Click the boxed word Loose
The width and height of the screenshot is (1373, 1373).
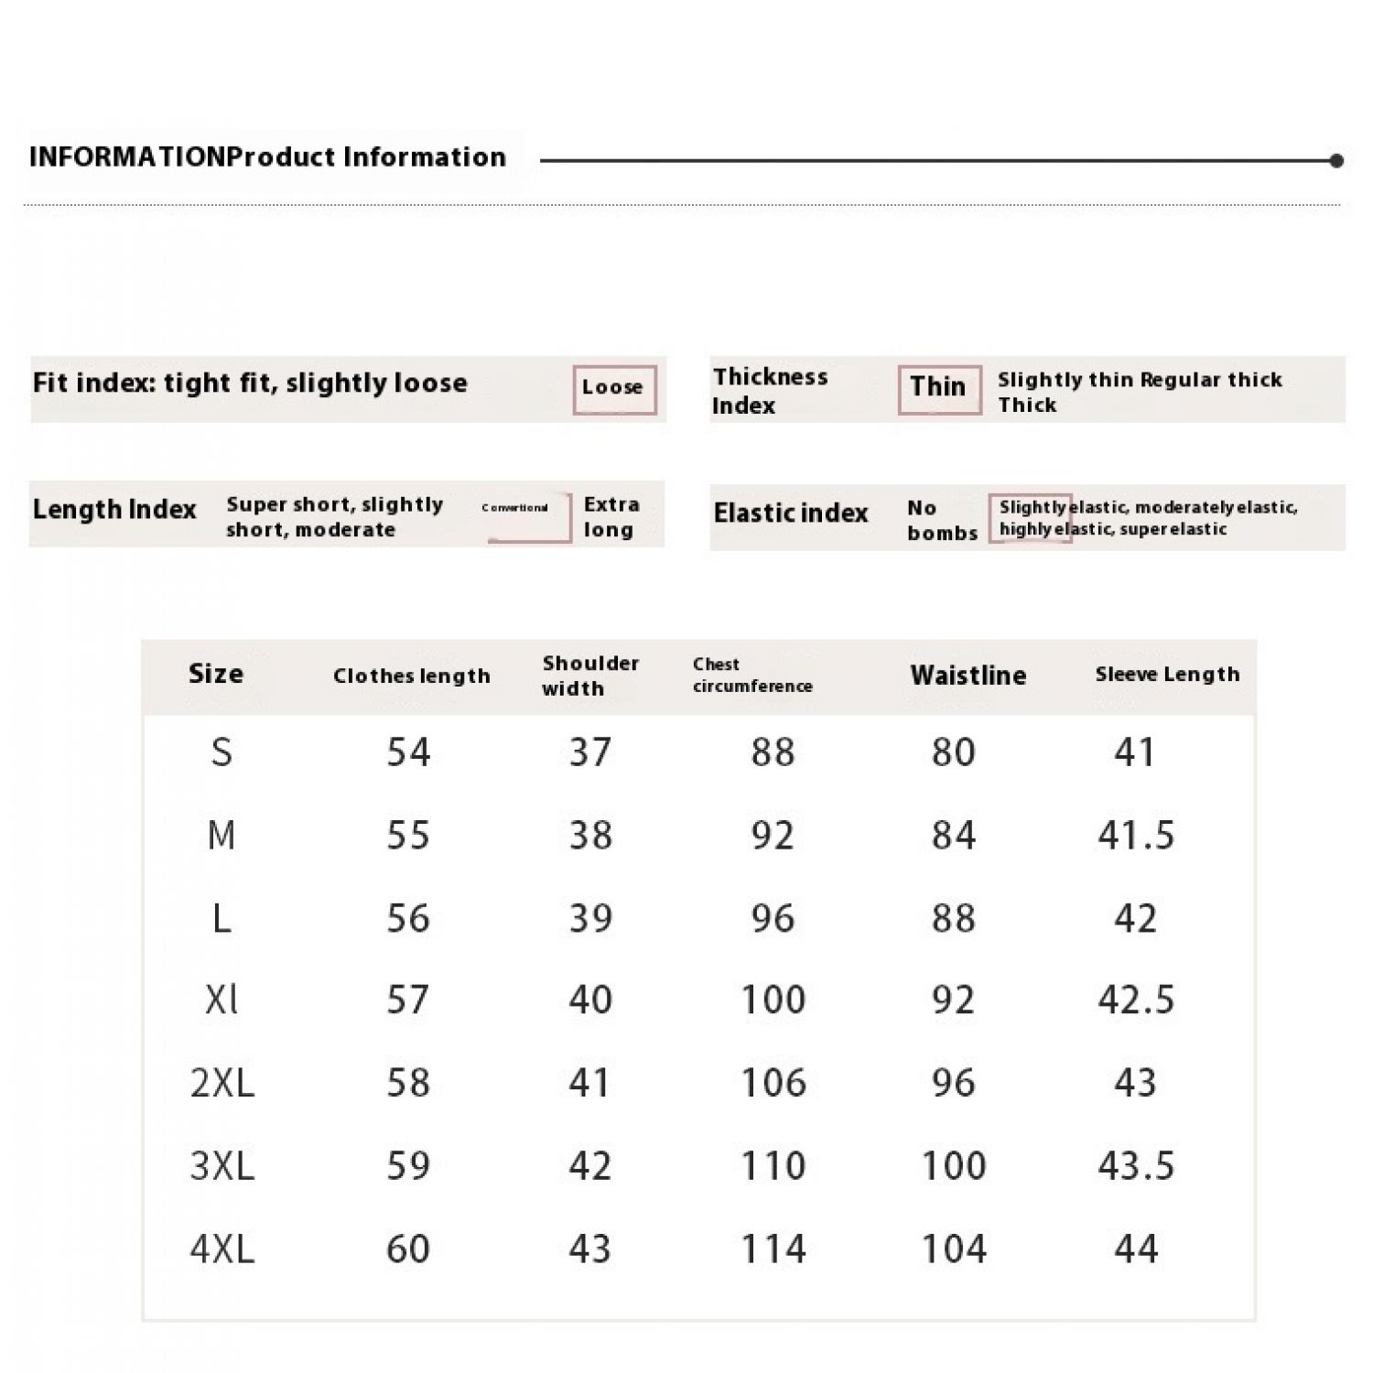613,388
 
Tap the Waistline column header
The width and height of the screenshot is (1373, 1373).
968,676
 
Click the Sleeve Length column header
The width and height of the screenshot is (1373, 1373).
1167,675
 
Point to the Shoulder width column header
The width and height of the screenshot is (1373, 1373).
590,676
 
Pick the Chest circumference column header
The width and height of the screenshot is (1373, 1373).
751,676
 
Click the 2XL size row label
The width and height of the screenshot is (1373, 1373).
222,1083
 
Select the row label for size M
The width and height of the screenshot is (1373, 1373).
222,836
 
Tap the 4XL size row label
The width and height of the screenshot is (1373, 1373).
222,1249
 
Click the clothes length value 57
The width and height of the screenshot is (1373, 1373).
408,1000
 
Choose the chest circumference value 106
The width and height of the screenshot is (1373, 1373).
773,1083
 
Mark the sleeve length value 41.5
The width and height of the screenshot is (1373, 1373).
1136,836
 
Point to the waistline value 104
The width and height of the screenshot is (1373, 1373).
954,1249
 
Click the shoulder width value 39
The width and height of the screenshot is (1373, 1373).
590,918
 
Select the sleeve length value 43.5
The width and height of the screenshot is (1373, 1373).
1136,1166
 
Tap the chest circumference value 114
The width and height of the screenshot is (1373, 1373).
773,1249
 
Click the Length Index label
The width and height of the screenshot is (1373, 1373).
114,510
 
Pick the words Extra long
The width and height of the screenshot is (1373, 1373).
611,517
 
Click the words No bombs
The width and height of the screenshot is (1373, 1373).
942,520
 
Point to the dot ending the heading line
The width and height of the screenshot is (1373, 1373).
1336,161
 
